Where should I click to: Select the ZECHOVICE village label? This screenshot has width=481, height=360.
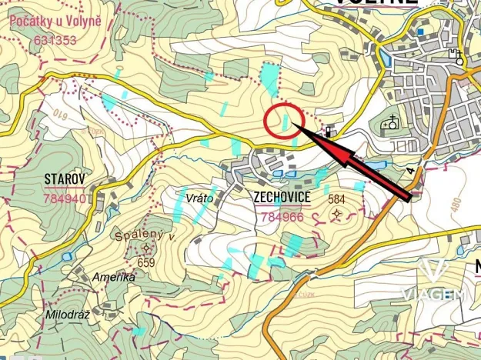point(282,198)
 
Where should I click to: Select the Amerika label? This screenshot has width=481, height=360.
point(114,277)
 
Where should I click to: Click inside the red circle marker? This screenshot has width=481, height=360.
point(282,122)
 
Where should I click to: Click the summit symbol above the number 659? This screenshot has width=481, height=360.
point(147,248)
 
